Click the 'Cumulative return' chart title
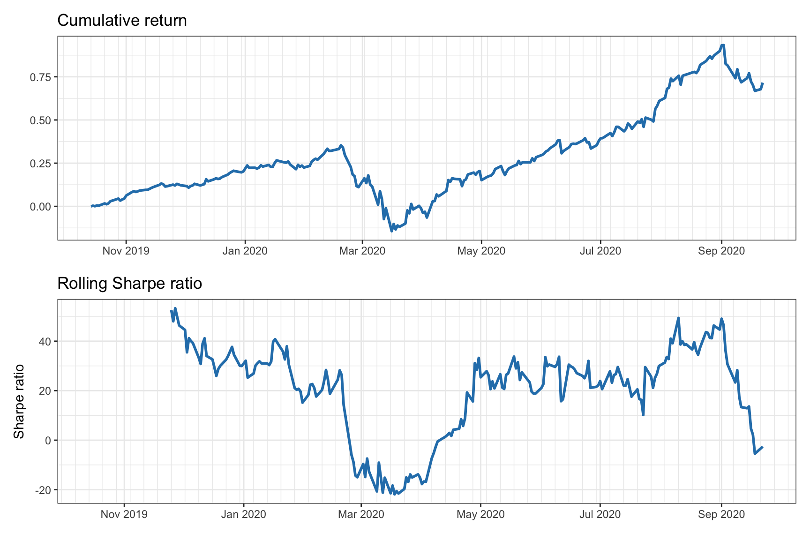coord(122,21)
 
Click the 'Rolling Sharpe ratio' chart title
coord(129,284)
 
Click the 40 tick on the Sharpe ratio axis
coord(45,341)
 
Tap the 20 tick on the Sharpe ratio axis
coord(45,391)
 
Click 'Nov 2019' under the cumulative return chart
coord(126,251)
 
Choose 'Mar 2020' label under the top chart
coord(362,251)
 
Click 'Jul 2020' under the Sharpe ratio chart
coord(600,514)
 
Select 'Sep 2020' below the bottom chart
coord(721,514)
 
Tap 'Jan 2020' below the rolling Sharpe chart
coord(243,514)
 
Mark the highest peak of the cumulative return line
coord(723,45)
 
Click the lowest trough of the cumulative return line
coord(392,231)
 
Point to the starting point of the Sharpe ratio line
coord(171,310)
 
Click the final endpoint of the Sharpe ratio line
coord(763,447)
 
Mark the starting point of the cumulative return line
coord(91,206)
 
